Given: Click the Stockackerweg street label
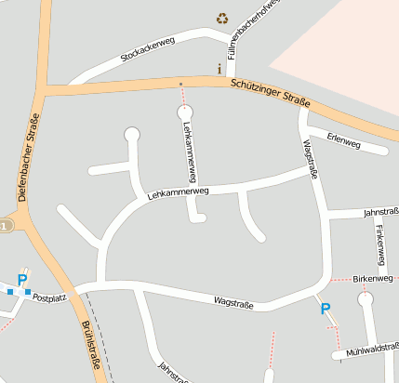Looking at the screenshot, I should (x=148, y=51).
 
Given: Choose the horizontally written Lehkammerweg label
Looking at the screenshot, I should (x=180, y=192).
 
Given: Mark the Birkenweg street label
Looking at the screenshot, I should (x=375, y=278).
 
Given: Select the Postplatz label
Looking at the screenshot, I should (x=48, y=298).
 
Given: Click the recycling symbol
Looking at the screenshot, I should (x=222, y=17).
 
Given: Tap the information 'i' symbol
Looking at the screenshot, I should (x=219, y=69).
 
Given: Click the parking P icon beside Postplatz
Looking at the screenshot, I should (x=22, y=280).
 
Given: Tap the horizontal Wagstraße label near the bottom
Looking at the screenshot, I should (x=233, y=301).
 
